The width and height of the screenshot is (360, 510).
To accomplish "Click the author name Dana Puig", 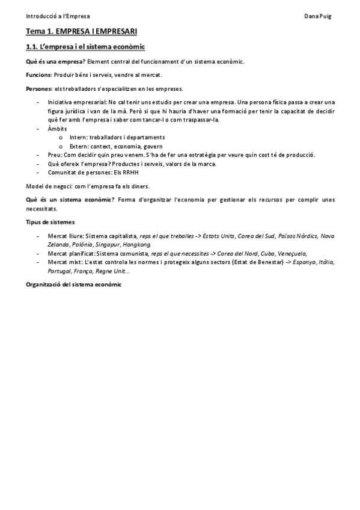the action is pos(317,16).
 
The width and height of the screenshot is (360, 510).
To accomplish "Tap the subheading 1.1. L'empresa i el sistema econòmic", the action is pos(85,47).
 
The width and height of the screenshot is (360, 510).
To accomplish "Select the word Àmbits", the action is pos(57,129).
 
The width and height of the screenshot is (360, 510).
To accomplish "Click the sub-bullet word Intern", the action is pos(78,137).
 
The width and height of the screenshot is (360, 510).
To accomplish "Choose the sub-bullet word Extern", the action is pos(78,146).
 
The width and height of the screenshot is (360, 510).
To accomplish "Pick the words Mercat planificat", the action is pos(71,254).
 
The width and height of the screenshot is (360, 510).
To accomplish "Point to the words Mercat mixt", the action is pos(65,263).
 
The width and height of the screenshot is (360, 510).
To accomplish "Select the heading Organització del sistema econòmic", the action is pos(73,284).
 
